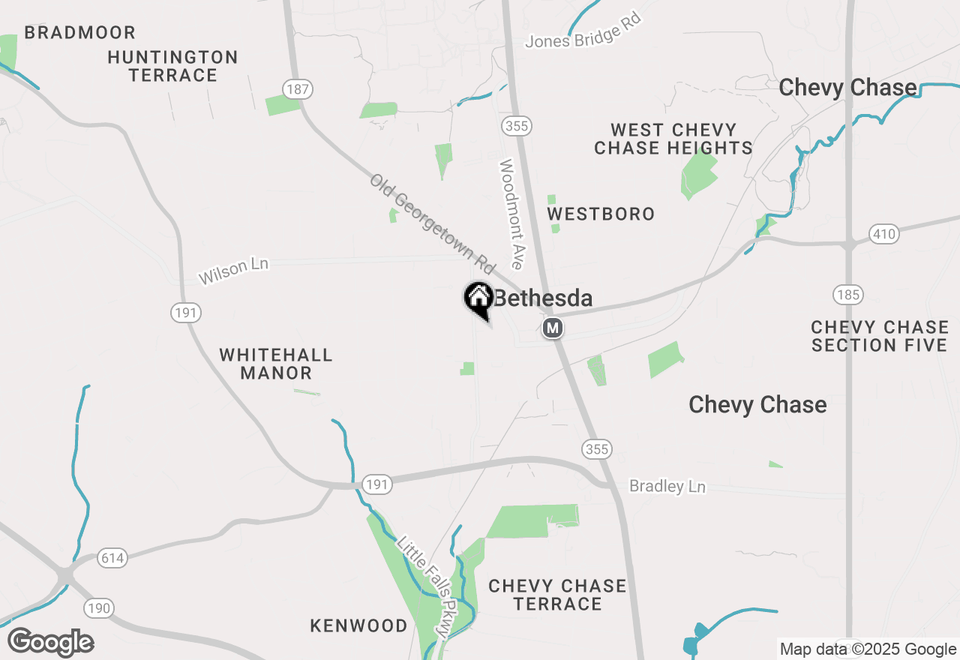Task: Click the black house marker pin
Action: point(478,299)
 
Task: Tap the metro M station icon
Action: point(553,328)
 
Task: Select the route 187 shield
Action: point(298,90)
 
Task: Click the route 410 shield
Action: point(884,234)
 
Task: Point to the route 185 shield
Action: point(848,295)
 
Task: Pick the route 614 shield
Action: point(112,558)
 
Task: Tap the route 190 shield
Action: point(99,607)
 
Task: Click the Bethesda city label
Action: point(543,298)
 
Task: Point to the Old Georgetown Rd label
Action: point(433,223)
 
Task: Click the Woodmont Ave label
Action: point(511,214)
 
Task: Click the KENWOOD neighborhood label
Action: point(359,625)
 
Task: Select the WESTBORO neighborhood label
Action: point(601,214)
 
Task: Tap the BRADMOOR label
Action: point(79,33)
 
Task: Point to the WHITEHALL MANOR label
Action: point(276,364)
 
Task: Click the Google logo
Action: point(50,643)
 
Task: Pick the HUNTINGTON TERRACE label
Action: point(172,66)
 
